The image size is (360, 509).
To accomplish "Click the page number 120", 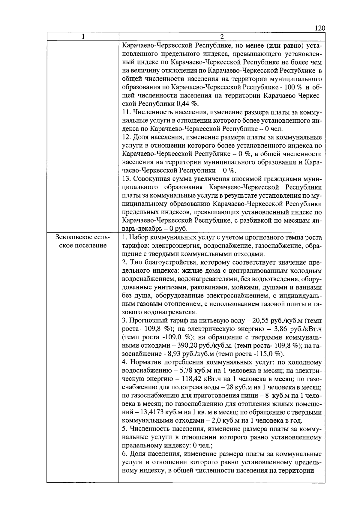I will click(x=320, y=28).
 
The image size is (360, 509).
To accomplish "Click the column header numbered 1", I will click(x=83, y=37).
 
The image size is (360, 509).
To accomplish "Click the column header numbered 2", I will click(x=222, y=37).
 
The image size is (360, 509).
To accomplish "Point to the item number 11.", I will click(x=126, y=112).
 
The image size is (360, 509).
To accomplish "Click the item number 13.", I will click(x=126, y=179).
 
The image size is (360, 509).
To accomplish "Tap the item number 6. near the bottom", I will click(x=125, y=454).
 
